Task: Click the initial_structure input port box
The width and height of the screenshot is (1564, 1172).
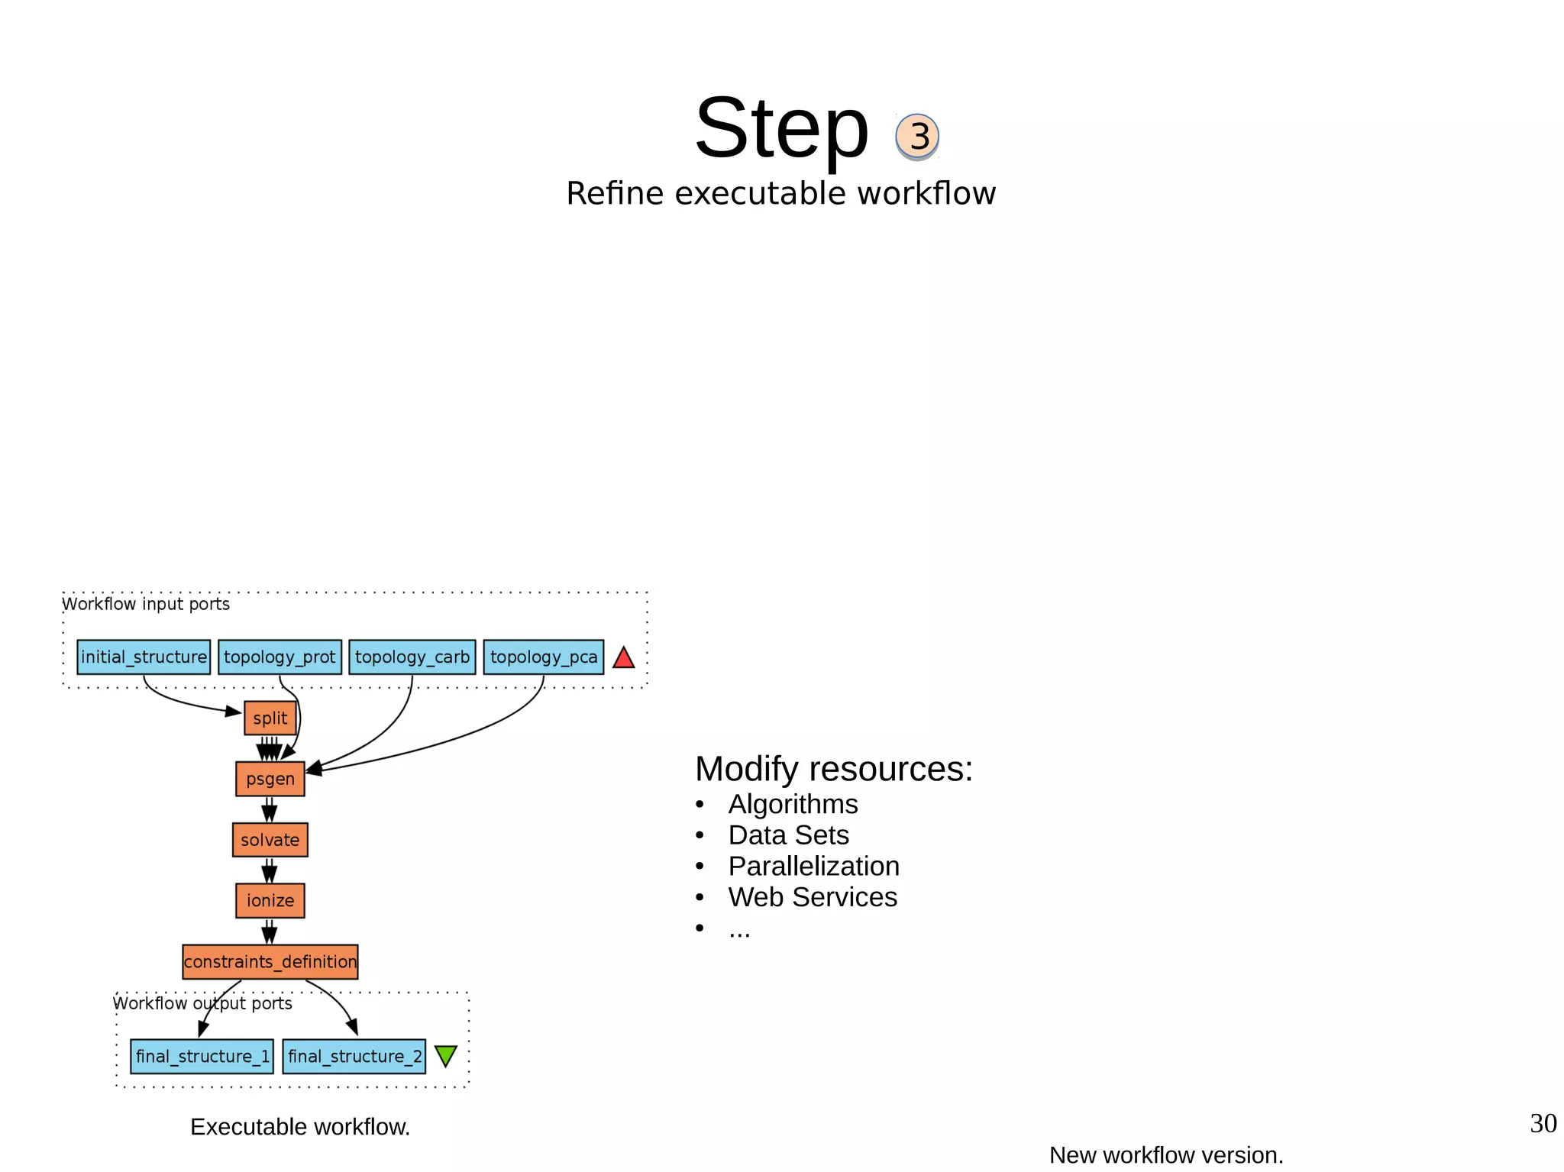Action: (144, 657)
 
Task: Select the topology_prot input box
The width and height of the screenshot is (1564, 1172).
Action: (280, 657)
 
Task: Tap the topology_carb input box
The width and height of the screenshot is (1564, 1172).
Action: (412, 657)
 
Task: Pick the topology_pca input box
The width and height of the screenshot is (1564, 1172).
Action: (543, 657)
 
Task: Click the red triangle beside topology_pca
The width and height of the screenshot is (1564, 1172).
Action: (624, 658)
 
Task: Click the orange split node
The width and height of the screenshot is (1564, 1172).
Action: (270, 718)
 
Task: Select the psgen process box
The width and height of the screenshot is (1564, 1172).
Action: (270, 779)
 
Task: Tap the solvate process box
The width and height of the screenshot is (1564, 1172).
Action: (270, 840)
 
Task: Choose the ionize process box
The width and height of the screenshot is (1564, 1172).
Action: (270, 901)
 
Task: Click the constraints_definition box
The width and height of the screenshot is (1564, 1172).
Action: (270, 962)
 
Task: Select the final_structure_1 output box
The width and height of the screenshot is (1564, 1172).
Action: (202, 1057)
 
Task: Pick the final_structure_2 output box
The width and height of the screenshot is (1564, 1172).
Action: (354, 1057)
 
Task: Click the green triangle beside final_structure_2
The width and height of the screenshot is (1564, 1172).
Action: (445, 1055)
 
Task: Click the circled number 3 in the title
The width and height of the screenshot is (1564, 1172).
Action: (917, 137)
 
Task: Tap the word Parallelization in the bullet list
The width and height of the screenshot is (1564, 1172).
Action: (813, 867)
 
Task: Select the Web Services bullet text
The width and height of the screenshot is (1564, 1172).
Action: (813, 897)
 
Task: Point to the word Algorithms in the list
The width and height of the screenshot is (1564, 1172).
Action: (793, 805)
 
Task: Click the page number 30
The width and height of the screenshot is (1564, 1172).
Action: (1543, 1123)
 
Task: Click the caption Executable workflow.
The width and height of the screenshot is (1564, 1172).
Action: (300, 1127)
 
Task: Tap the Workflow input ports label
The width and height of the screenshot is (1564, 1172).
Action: (146, 604)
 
